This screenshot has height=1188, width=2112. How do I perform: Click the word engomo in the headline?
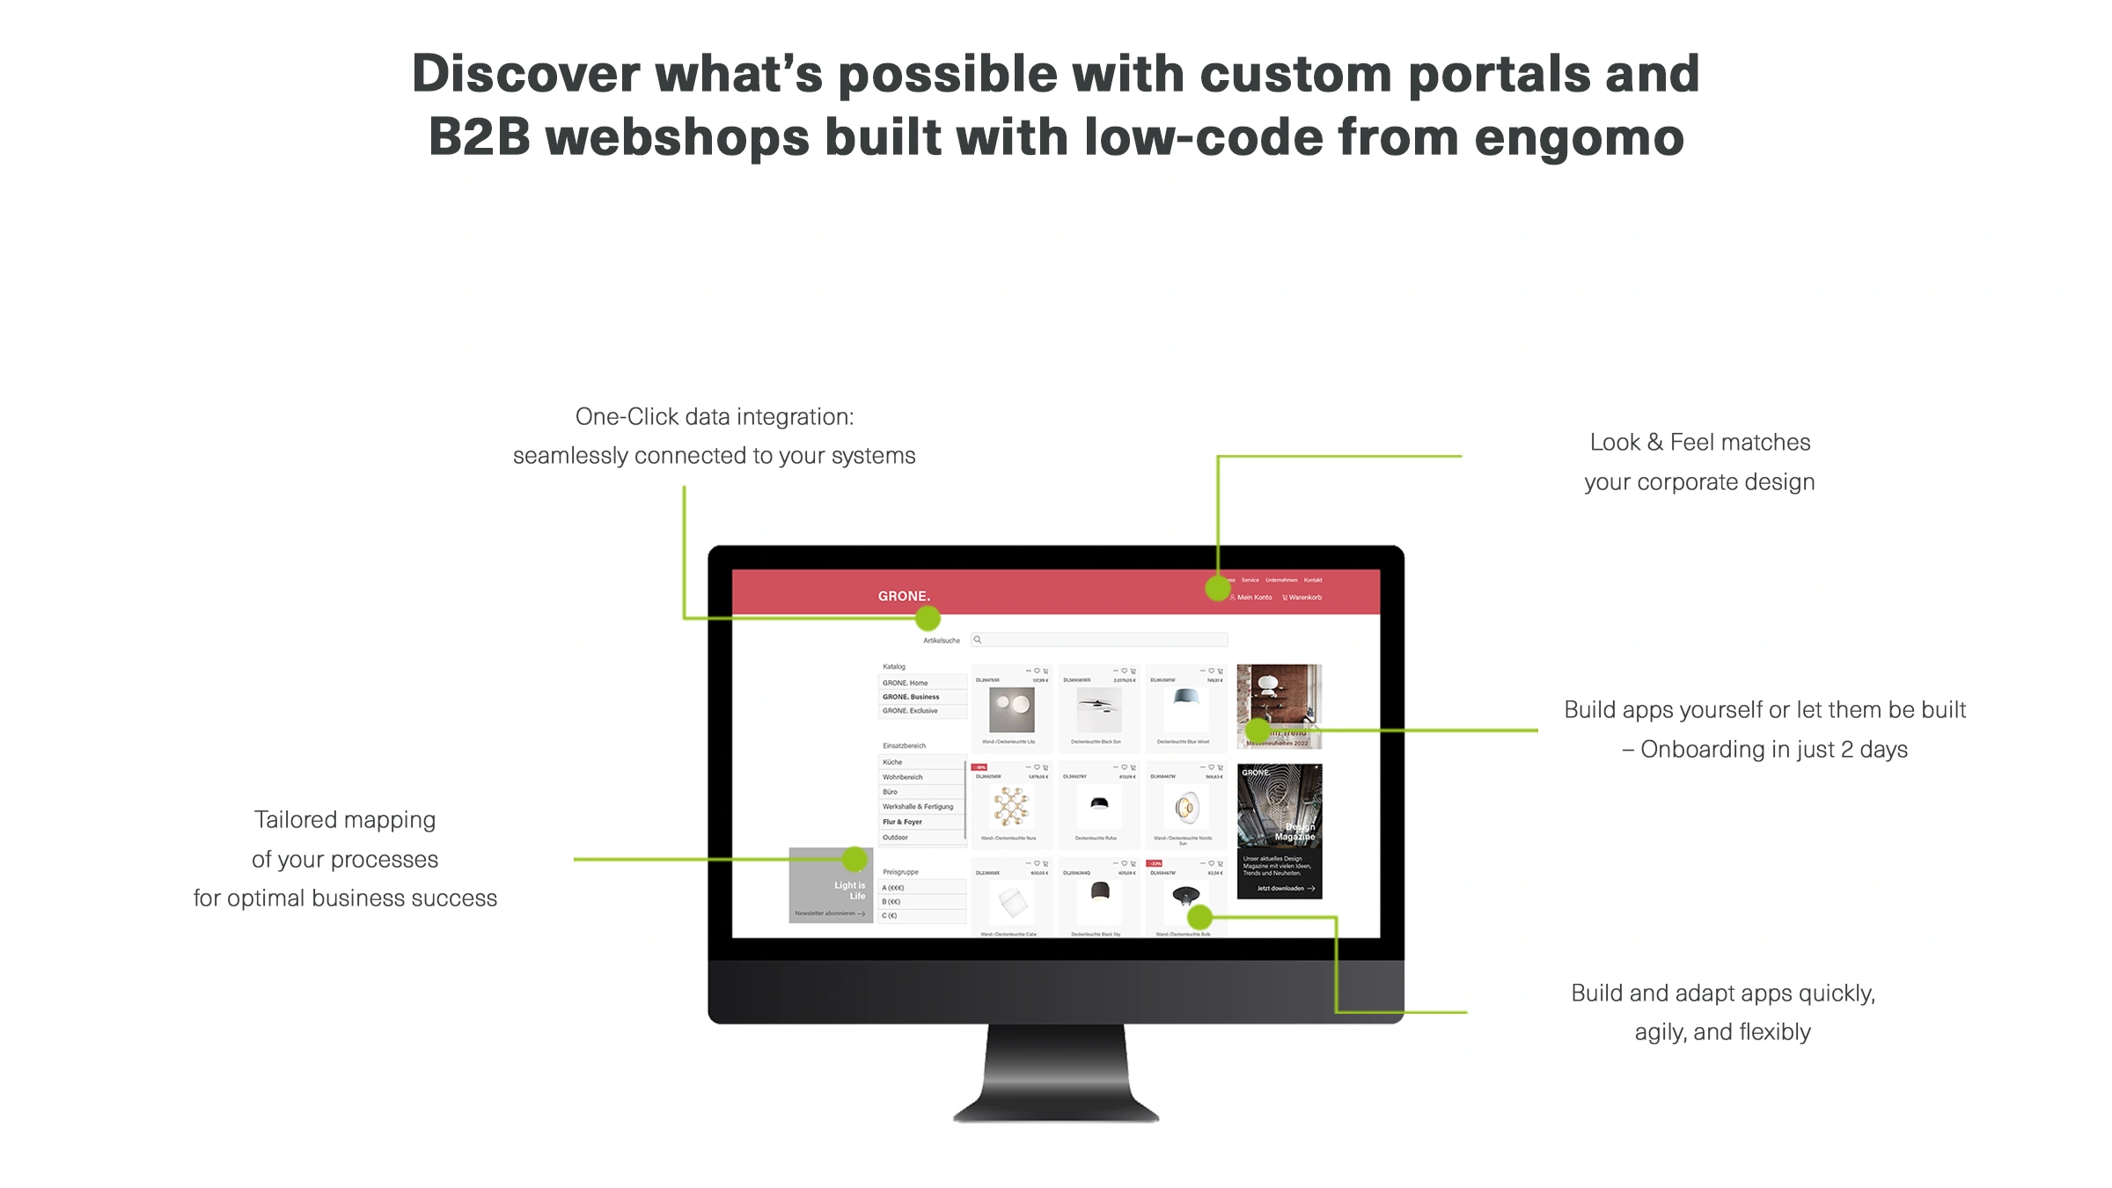(1579, 138)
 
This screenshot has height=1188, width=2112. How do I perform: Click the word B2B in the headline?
(480, 138)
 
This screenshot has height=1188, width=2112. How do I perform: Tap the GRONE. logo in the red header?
(904, 596)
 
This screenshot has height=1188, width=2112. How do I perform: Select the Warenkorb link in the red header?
(1303, 598)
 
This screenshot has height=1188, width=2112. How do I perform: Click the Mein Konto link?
(1253, 598)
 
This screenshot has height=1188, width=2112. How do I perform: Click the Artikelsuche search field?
(1100, 640)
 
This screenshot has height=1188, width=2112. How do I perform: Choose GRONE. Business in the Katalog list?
(911, 697)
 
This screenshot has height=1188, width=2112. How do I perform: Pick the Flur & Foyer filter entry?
(902, 822)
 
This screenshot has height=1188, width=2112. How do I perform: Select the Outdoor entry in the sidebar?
(895, 837)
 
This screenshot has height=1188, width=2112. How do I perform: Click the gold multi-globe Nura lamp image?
(1010, 806)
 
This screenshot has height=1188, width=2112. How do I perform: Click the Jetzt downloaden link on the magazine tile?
(1284, 888)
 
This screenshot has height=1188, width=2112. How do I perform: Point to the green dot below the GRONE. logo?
(928, 619)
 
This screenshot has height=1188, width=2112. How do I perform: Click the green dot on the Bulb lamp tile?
(1199, 918)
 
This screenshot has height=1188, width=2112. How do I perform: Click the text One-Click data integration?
(714, 417)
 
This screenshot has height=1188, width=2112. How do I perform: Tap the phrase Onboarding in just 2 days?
(1773, 750)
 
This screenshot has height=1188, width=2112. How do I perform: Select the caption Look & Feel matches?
(1699, 443)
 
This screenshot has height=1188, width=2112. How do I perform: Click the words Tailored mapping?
(345, 820)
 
